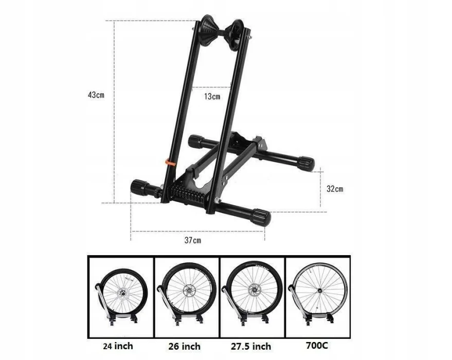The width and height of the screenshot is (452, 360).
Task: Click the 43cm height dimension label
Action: tap(96, 95)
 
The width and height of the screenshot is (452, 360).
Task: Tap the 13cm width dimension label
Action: tap(212, 96)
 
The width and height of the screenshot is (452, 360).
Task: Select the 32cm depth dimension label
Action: tap(335, 189)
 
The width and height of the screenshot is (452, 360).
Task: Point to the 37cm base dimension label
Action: tap(193, 240)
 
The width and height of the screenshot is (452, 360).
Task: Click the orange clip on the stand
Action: tap(170, 161)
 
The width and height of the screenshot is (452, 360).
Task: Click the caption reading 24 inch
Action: tap(118, 346)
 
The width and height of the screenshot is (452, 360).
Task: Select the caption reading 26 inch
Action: tap(185, 346)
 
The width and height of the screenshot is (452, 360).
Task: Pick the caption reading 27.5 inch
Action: tap(251, 346)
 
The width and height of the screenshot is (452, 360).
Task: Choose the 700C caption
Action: tap(317, 345)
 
